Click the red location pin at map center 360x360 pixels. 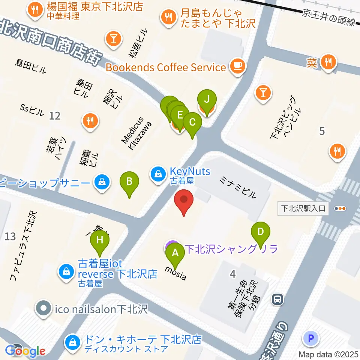[184, 201]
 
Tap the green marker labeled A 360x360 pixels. [175, 254]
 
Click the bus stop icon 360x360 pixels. [277, 299]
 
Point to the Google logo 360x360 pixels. [25, 351]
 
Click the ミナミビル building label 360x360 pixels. [238, 188]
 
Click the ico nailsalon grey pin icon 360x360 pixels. [43, 309]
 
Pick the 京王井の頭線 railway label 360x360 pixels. [329, 18]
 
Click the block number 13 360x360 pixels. [10, 236]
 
